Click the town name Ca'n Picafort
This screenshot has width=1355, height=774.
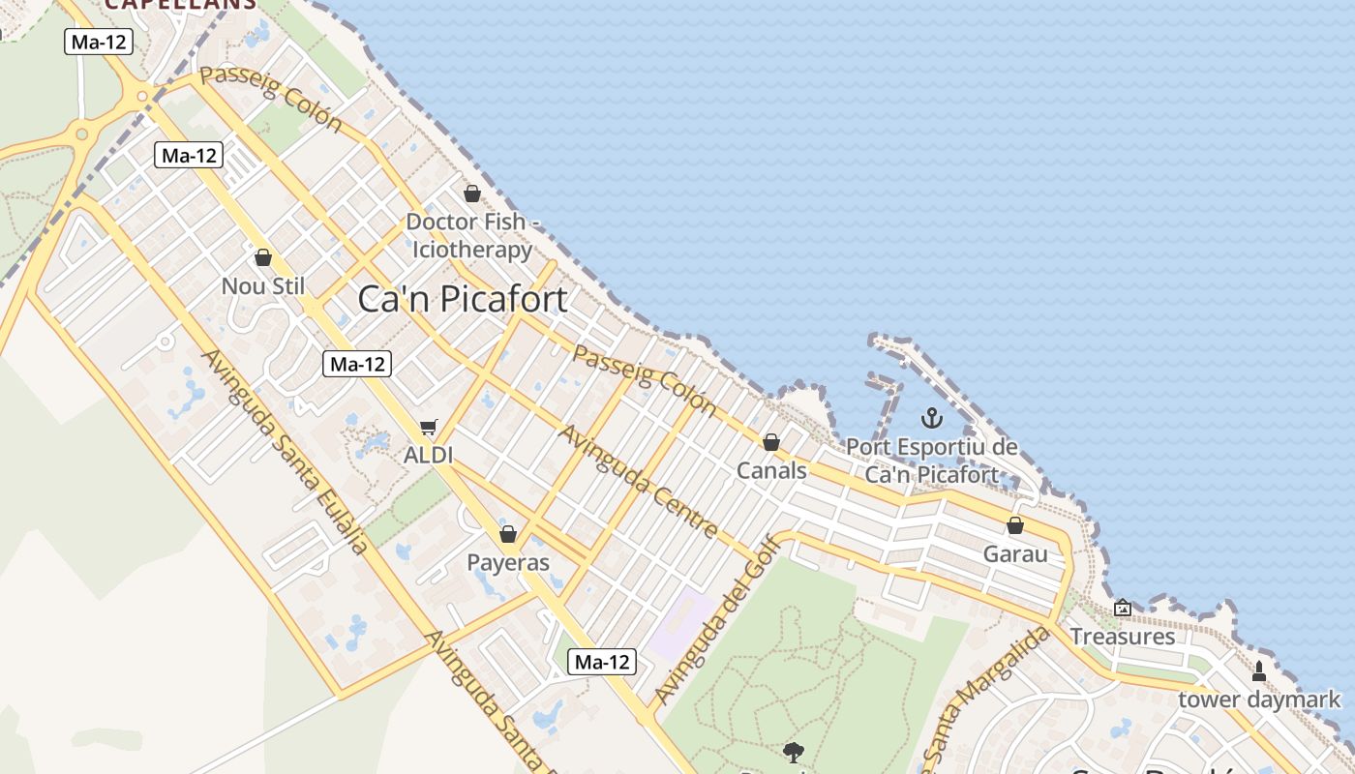click(x=463, y=299)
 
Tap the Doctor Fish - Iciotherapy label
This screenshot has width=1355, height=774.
click(x=472, y=235)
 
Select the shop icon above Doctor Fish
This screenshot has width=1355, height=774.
click(x=472, y=193)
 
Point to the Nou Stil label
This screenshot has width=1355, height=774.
click(x=263, y=286)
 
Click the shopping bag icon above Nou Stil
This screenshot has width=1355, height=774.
click(x=263, y=257)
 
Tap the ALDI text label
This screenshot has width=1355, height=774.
click(x=430, y=455)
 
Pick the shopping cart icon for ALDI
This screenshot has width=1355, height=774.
click(x=429, y=427)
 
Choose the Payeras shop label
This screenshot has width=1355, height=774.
click(x=508, y=563)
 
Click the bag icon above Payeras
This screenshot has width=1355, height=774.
click(x=508, y=534)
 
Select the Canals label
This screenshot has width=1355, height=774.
click(x=771, y=471)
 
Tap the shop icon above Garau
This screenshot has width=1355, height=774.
click(x=1015, y=525)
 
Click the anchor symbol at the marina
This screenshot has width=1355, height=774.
click(x=931, y=418)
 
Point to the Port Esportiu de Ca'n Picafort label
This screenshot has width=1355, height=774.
click(x=932, y=461)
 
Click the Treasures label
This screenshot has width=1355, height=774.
click(x=1123, y=637)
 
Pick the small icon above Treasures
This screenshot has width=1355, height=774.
click(x=1123, y=608)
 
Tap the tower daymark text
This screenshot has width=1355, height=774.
click(x=1259, y=700)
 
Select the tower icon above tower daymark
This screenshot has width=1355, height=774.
click(x=1259, y=670)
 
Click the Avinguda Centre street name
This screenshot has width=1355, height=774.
click(x=639, y=481)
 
